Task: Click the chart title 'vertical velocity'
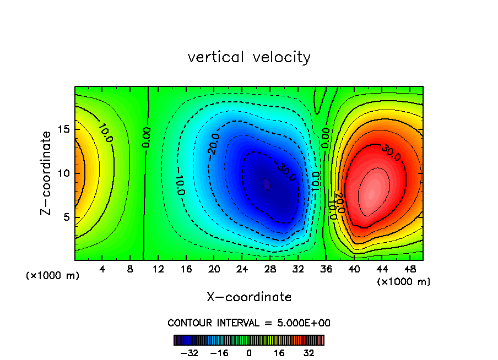(249, 57)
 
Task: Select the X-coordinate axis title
(249, 297)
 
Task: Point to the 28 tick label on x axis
(269, 269)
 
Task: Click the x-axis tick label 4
(102, 269)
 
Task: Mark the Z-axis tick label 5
(67, 217)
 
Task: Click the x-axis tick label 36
(325, 269)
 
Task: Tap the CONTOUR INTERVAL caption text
(249, 323)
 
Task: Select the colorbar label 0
(249, 353)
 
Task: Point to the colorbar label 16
(279, 353)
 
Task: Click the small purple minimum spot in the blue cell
(267, 184)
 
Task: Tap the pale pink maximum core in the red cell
(371, 193)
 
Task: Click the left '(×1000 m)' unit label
(53, 276)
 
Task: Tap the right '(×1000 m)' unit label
(404, 282)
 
